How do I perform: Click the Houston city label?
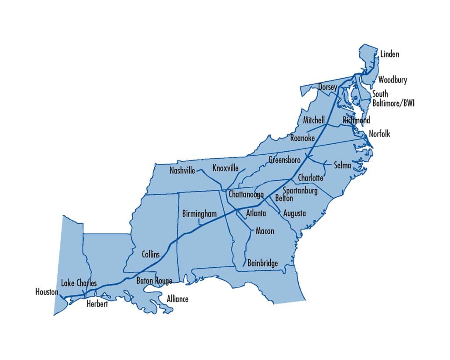[x=47, y=291]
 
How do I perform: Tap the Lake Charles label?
[x=79, y=283]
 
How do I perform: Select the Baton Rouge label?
[x=154, y=281]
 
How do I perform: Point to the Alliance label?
[x=178, y=299]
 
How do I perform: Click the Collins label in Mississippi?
[x=151, y=255]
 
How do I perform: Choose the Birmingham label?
[x=200, y=214]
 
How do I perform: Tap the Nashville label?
[x=182, y=171]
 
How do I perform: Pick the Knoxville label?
[x=225, y=168]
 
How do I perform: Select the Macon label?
[x=265, y=231]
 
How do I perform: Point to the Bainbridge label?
[x=262, y=263]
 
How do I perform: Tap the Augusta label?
[x=294, y=214]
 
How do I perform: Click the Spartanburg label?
[x=300, y=191]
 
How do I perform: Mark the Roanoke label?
[x=302, y=138]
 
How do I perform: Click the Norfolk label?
[x=379, y=134]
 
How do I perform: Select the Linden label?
[x=390, y=55]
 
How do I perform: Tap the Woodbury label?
[x=392, y=80]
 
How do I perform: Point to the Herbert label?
[x=97, y=304]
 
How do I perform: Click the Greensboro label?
[x=285, y=160]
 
